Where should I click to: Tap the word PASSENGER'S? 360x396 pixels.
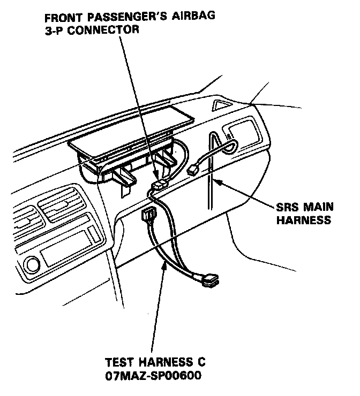point(129,16)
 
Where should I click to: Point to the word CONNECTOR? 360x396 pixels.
point(107,29)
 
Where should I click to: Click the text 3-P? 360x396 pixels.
point(55,29)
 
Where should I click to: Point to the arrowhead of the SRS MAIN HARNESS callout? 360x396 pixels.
point(217,182)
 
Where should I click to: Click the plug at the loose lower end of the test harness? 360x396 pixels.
point(212,280)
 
